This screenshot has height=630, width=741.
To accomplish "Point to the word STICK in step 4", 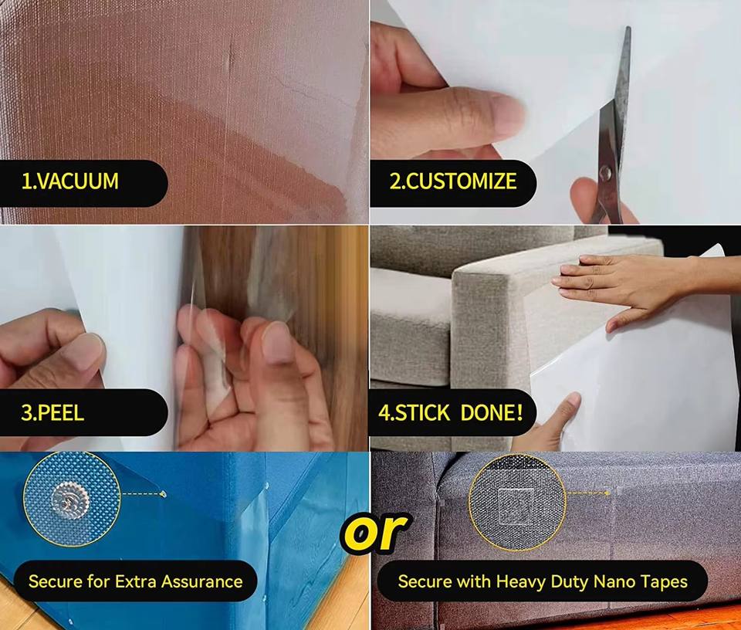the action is pos(422,412).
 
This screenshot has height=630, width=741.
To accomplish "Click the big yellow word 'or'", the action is pos(375,531).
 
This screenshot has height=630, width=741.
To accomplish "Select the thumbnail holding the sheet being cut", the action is pos(506,113).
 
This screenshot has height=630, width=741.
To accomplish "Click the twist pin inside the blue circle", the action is pos(71,500).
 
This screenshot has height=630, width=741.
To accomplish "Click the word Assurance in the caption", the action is pos(201,581).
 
